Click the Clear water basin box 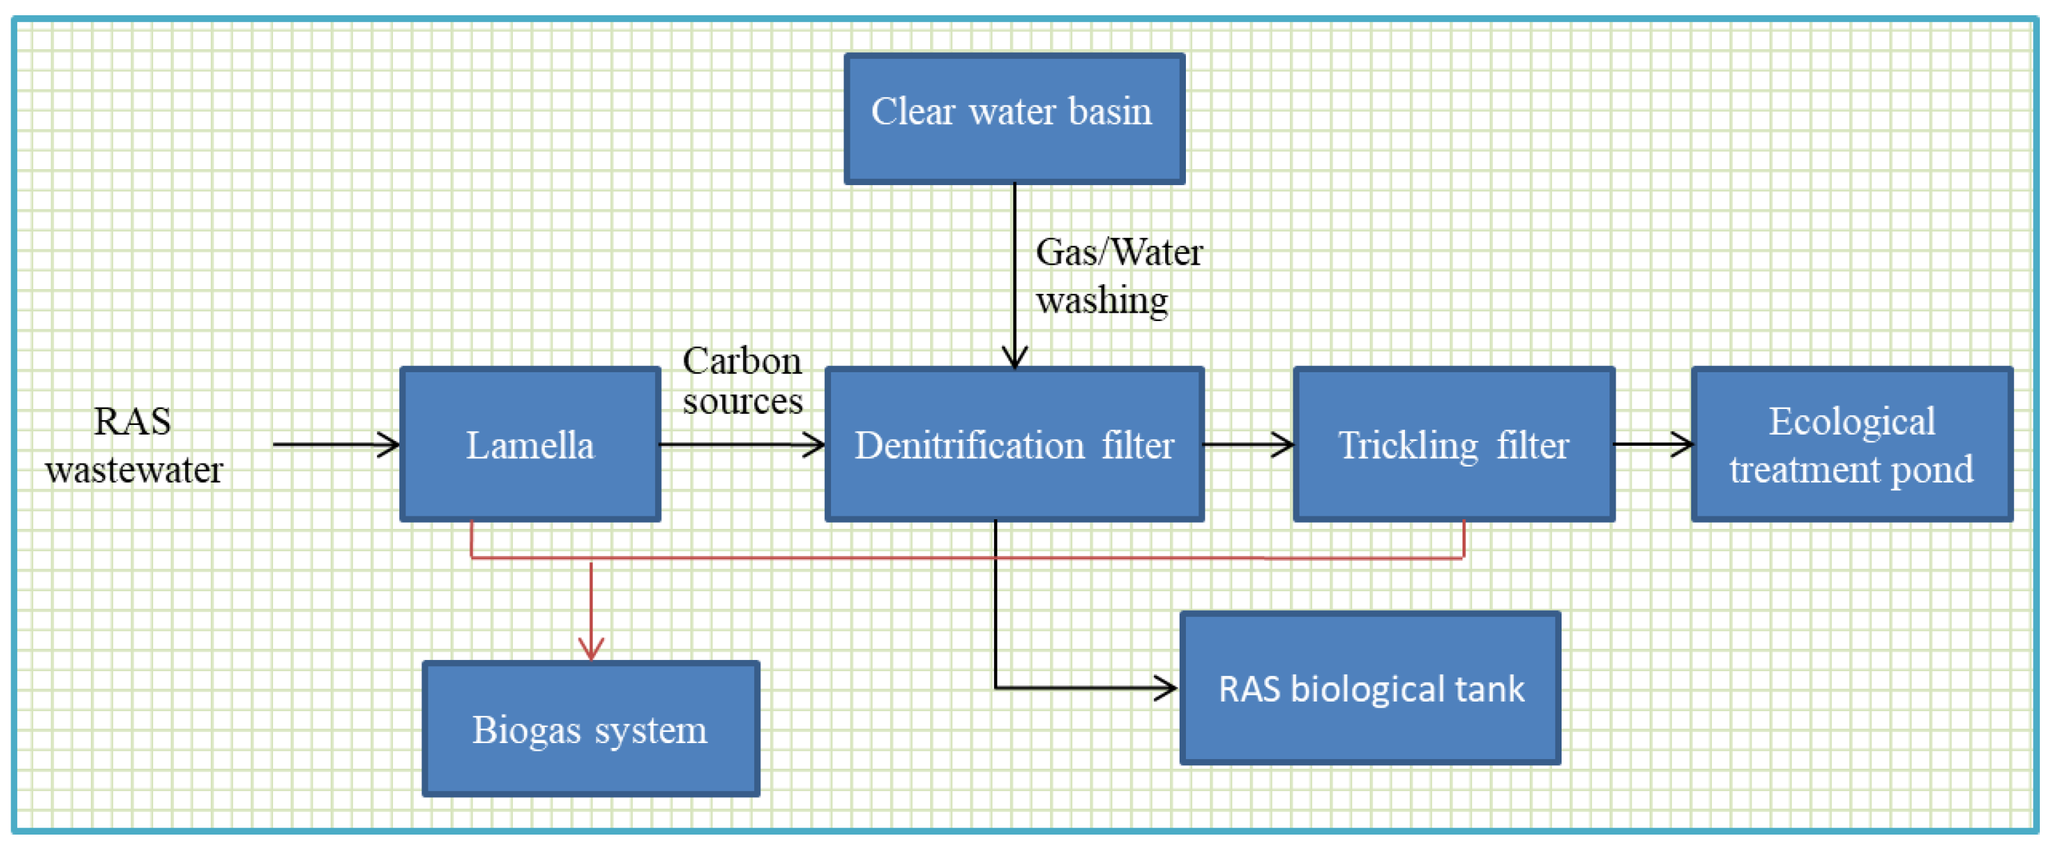coord(1014,119)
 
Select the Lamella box coord(530,445)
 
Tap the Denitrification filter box coord(1014,445)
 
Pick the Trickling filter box coord(1453,445)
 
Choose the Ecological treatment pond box coord(1851,445)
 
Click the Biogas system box coord(591,729)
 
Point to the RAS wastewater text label coord(133,445)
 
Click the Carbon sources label coord(742,381)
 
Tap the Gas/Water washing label coord(1117,276)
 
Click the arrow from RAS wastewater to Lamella coord(335,445)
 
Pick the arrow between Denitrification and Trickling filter coord(1248,445)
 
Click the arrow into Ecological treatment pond coord(1653,445)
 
